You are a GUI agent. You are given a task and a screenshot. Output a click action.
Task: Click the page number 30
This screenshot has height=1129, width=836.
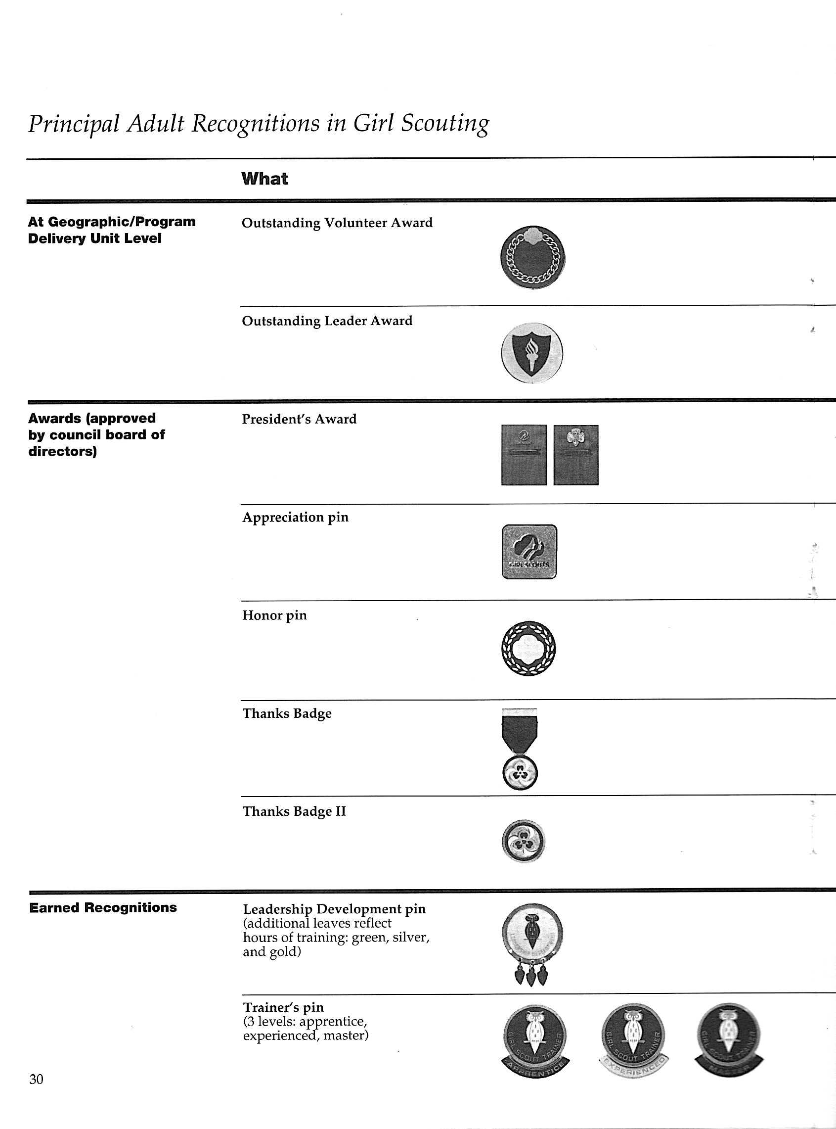37,1079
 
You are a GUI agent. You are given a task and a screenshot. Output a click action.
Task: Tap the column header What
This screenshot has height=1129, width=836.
264,179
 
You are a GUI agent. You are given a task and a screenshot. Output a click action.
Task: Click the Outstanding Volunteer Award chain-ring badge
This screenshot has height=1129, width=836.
532,257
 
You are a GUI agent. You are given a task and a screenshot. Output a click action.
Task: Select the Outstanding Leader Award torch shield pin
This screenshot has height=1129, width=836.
531,353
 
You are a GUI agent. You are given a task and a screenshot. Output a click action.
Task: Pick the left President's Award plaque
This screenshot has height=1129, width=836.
524,455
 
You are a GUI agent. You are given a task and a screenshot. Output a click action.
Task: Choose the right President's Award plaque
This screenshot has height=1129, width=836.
576,455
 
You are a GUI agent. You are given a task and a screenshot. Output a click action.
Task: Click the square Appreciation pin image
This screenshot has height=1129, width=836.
529,551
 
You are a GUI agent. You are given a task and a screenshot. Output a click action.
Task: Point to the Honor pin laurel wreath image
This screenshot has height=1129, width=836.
528,648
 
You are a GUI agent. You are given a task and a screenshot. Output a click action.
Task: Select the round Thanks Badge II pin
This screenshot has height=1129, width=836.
523,841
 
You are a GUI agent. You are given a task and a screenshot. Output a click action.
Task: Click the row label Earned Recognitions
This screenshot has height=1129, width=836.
103,907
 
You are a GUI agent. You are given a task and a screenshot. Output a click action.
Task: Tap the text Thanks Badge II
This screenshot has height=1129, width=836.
294,811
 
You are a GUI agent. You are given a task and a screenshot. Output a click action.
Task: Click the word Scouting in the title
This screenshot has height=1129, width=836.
445,123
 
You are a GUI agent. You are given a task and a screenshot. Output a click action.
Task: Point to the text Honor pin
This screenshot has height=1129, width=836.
274,615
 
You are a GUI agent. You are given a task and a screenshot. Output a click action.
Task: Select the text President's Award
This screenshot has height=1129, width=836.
299,419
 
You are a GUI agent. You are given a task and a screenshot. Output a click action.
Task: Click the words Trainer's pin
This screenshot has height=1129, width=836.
283,1007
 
